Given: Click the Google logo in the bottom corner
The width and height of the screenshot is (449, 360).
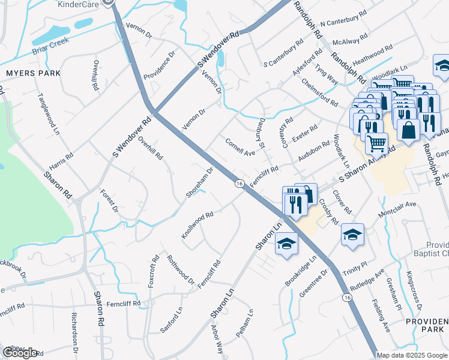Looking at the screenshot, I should point(20,353).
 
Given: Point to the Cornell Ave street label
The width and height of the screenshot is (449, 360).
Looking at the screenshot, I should point(240,147).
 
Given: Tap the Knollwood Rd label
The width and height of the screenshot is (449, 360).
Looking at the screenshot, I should point(197,224).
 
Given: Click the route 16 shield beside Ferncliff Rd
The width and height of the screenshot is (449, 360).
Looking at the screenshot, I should point(239,185).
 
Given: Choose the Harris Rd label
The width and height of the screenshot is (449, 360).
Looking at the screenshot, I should point(61,163).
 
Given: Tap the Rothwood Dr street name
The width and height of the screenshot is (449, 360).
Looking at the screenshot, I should point(180,270).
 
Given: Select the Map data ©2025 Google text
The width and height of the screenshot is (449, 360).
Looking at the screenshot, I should point(412,355).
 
